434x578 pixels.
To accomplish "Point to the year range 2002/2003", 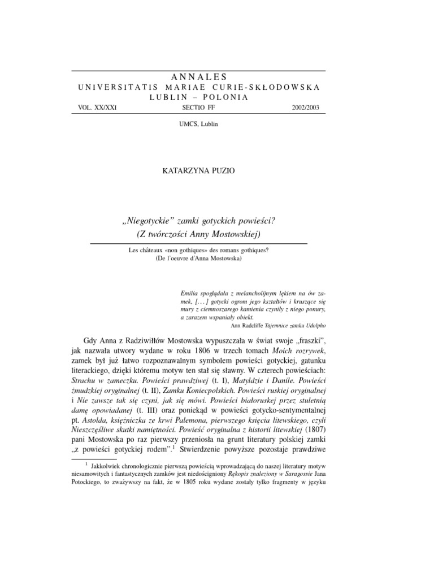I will [303, 107].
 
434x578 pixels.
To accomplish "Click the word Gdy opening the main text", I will [92, 341].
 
